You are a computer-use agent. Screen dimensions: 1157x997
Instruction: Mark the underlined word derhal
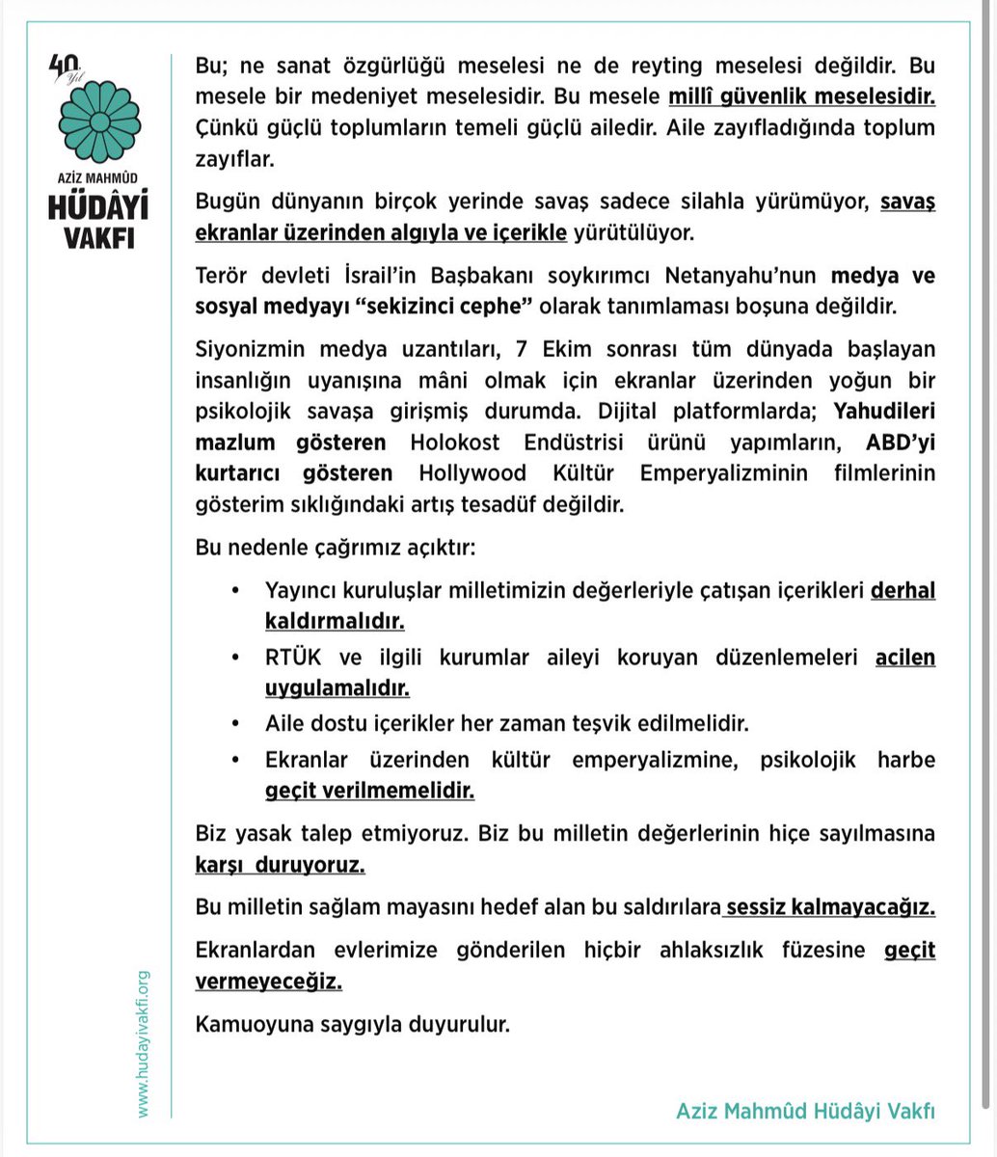(903, 591)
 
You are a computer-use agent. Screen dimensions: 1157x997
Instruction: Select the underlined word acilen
(905, 659)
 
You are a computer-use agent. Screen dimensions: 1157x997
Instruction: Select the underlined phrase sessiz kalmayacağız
(831, 907)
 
